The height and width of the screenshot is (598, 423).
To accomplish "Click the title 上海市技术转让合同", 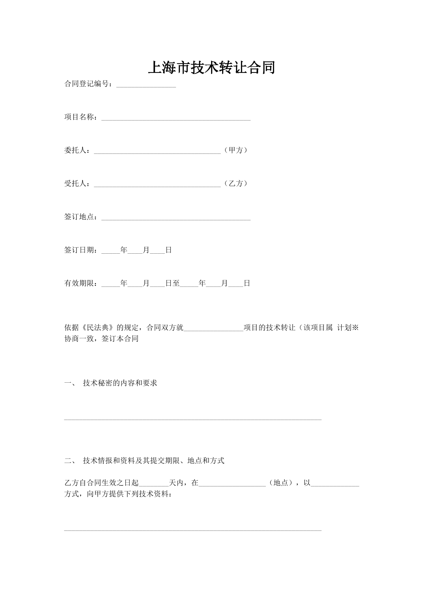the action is point(211,68).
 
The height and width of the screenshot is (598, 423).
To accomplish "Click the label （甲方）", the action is point(236,150).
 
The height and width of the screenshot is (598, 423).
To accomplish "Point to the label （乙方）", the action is point(236,184).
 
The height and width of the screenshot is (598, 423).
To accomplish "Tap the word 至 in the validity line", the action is point(176,284).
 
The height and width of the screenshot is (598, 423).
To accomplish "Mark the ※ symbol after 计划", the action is point(355,328).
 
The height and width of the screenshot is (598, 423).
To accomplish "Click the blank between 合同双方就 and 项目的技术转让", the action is point(213,329).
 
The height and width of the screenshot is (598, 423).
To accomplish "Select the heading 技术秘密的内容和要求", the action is point(120,383).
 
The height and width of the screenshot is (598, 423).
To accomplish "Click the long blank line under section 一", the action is point(193,419).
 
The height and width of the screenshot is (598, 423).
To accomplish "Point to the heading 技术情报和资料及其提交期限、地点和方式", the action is point(154,461).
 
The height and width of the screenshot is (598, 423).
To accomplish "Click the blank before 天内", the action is point(154,484).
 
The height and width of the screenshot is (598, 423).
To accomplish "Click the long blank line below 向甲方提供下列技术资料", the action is point(193,530).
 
